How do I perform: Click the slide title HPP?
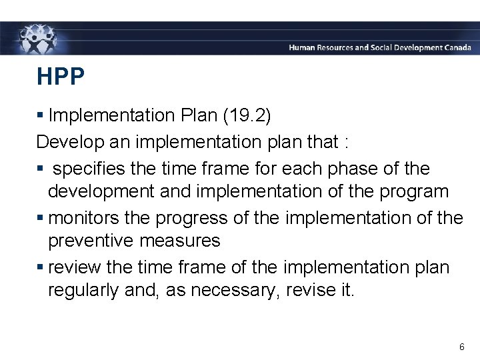pos(61,77)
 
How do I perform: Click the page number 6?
pos(461,347)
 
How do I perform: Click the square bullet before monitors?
pos(41,218)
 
